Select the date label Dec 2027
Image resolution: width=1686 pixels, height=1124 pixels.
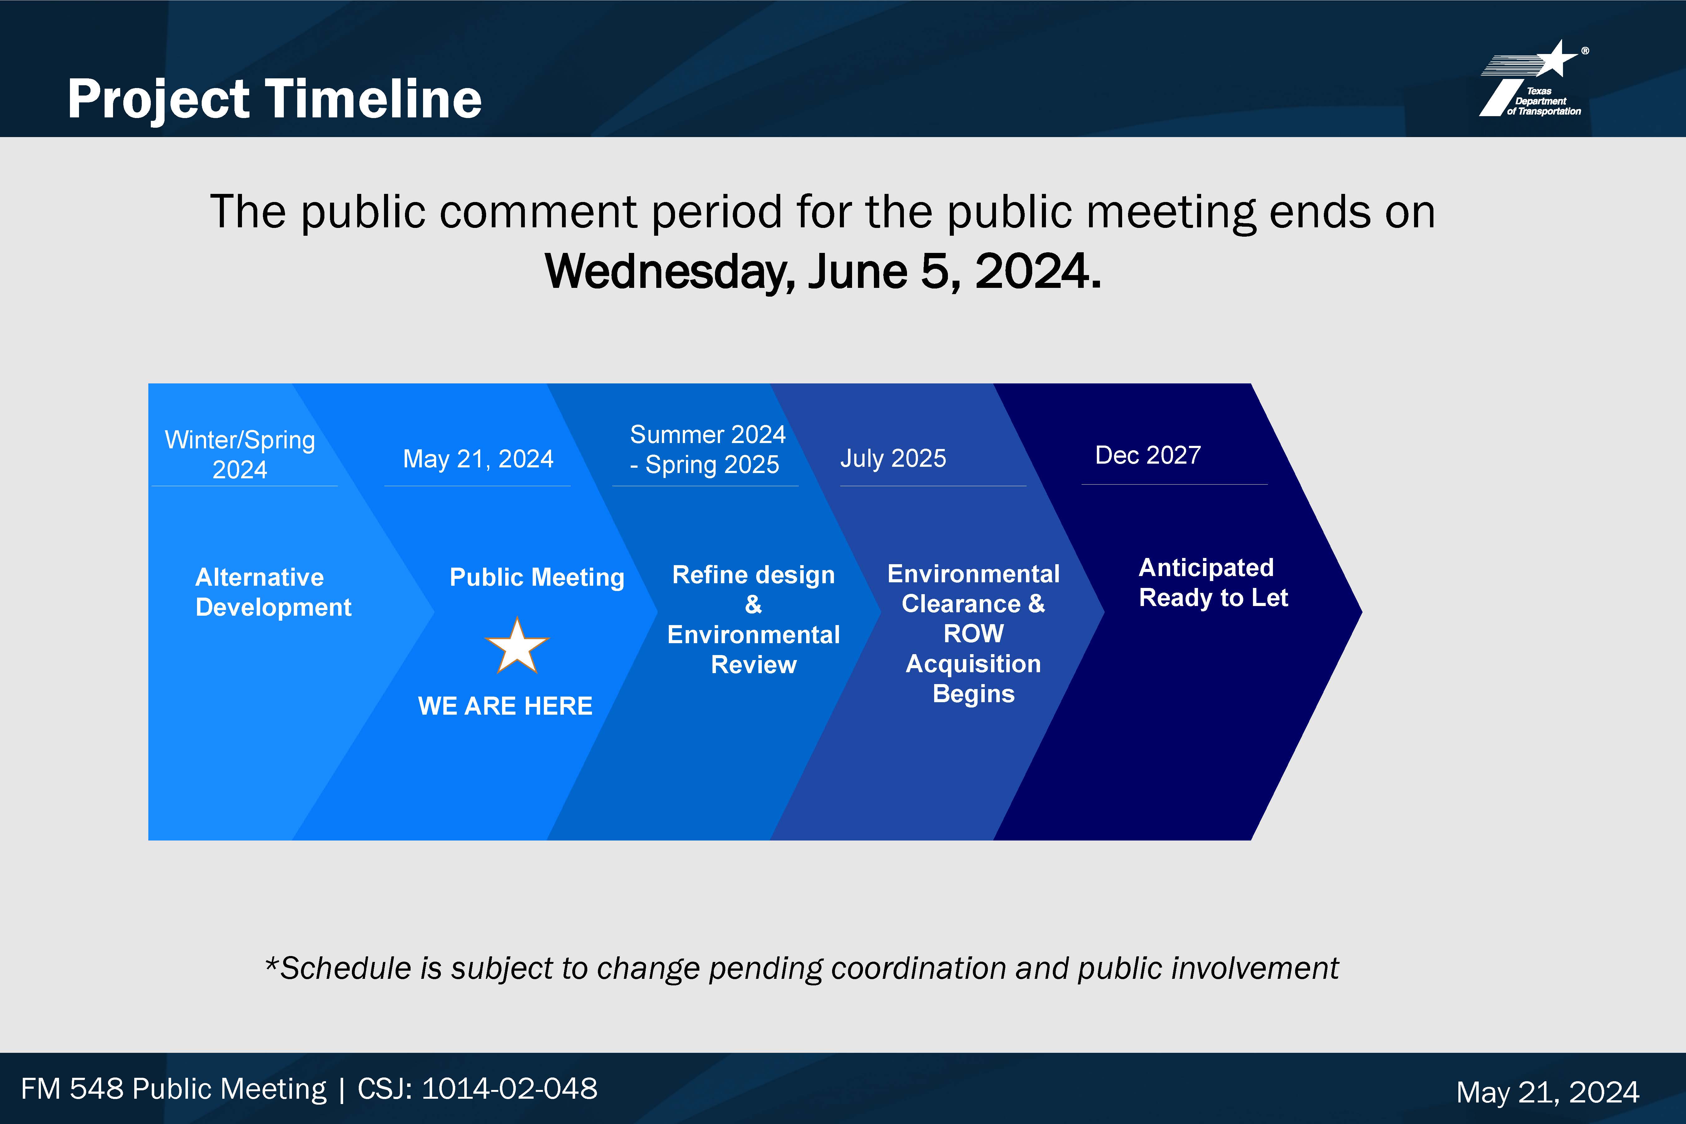pyautogui.click(x=1148, y=455)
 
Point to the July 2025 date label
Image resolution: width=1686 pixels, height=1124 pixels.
pyautogui.click(x=893, y=458)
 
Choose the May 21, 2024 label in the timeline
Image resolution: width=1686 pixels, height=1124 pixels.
pyautogui.click(x=478, y=459)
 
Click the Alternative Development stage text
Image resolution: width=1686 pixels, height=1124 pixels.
pyautogui.click(x=273, y=592)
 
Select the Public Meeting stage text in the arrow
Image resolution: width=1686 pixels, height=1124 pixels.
pyautogui.click(x=537, y=577)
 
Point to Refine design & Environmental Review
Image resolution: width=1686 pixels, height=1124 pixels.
pyautogui.click(x=753, y=619)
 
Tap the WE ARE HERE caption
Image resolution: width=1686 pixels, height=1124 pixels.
pyautogui.click(x=505, y=706)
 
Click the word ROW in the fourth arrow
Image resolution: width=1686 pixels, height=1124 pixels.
pyautogui.click(x=974, y=634)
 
